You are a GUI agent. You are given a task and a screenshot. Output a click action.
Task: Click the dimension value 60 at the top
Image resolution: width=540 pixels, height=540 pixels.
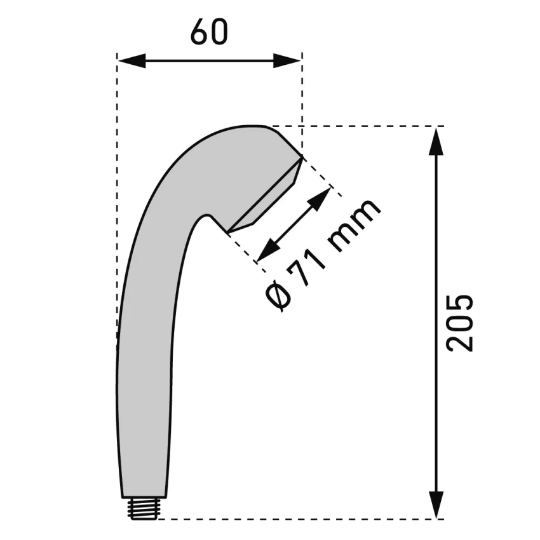pos(209,31)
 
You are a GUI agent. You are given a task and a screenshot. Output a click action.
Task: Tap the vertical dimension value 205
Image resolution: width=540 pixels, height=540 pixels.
pos(459,323)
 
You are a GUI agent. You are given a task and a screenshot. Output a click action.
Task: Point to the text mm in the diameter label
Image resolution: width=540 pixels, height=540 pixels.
pos(354,225)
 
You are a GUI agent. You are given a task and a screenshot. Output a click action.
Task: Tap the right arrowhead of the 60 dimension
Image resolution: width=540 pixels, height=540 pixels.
pos(287,60)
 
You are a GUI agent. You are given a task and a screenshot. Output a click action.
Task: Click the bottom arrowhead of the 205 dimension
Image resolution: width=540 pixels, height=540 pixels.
pos(436,504)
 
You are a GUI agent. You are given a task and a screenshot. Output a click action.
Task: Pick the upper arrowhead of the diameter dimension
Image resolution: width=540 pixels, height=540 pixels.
pos(320,199)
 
